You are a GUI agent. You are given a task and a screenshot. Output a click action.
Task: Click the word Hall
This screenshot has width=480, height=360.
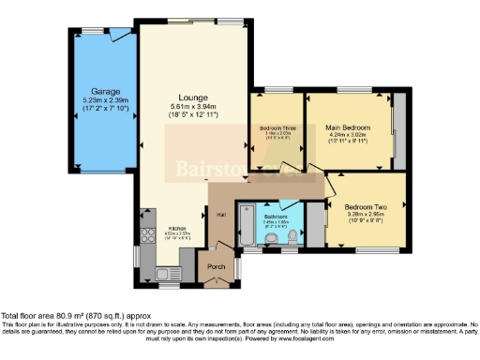click(221, 215)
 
